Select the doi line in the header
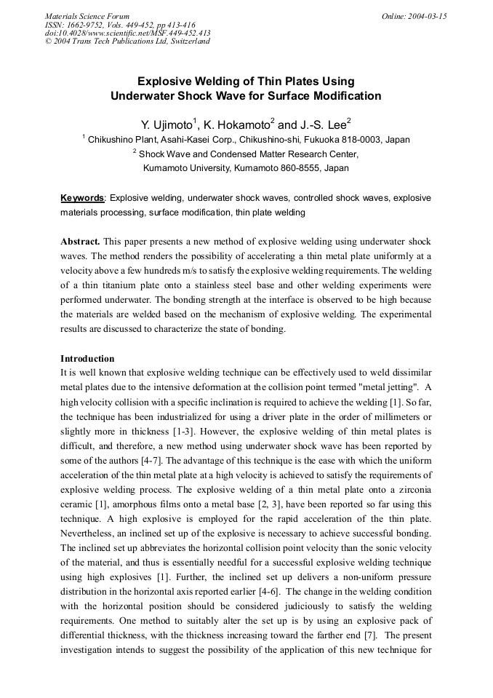128,33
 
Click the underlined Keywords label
82,198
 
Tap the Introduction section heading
87,359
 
